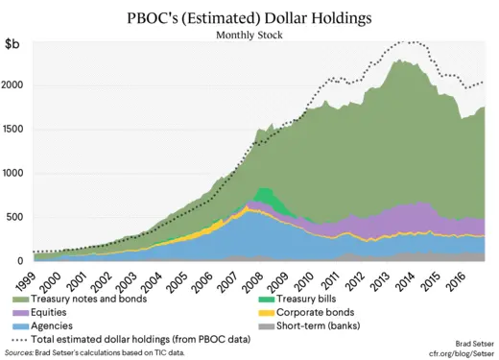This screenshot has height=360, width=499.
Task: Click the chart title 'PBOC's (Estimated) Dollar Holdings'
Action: tap(249, 17)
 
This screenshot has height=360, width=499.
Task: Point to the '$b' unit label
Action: tap(14, 44)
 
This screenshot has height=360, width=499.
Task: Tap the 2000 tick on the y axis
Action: tap(14, 85)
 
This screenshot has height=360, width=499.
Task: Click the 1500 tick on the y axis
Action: tap(14, 130)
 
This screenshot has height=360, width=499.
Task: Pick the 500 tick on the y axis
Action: tap(17, 217)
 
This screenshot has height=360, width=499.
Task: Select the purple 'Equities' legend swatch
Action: tap(19, 313)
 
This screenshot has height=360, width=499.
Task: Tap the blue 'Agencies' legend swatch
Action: tap(19, 326)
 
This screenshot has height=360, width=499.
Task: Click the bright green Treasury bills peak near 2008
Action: tap(264, 196)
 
